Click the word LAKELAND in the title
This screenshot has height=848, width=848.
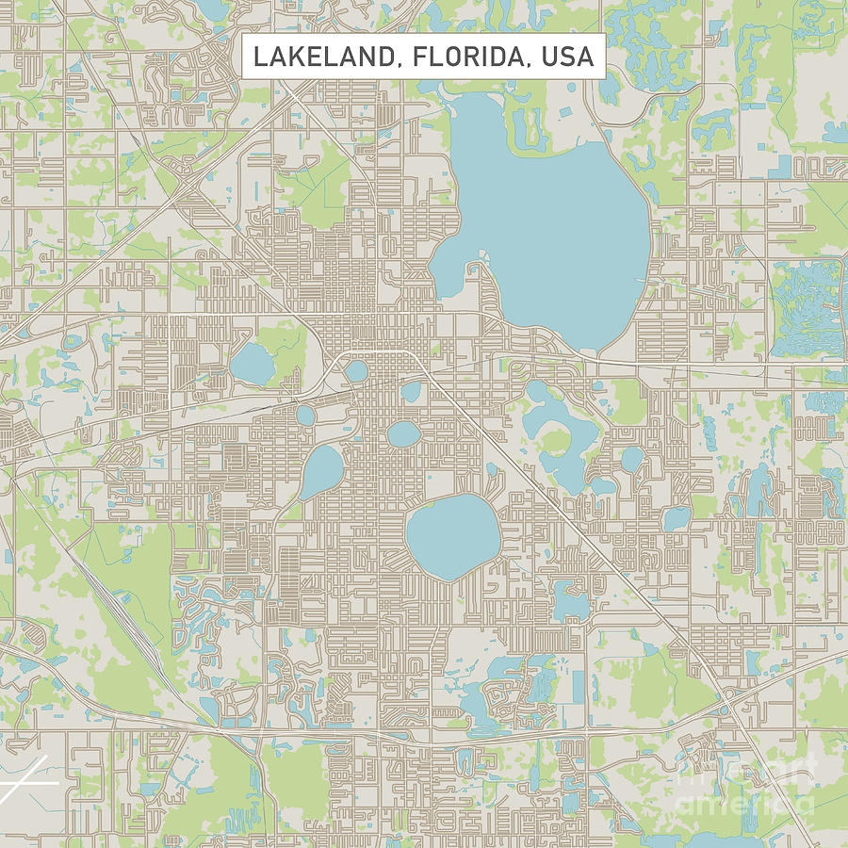click(x=318, y=57)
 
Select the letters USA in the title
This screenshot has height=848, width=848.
click(x=566, y=57)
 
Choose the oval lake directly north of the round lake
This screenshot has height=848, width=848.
click(x=403, y=433)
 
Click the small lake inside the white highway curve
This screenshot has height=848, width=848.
click(x=355, y=370)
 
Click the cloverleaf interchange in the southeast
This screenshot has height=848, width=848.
click(x=730, y=702)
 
